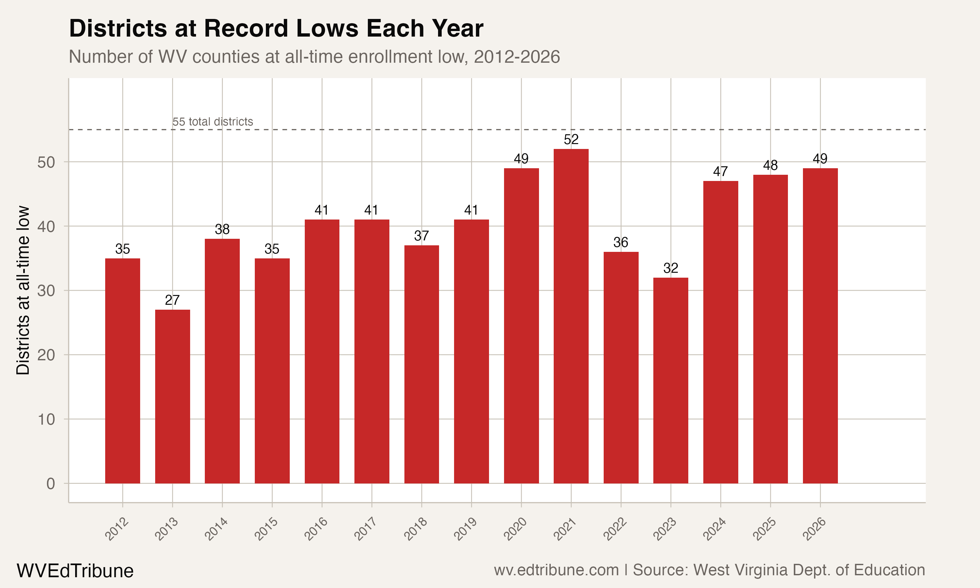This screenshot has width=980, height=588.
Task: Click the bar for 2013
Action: (x=172, y=396)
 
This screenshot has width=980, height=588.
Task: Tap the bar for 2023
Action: (x=671, y=380)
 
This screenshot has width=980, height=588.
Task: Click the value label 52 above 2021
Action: (x=571, y=139)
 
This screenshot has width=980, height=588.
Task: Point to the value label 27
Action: (x=172, y=300)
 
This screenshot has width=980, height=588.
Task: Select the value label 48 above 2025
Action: (x=770, y=165)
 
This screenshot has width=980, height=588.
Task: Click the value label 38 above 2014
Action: (x=222, y=229)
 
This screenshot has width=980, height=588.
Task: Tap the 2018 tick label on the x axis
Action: (x=416, y=529)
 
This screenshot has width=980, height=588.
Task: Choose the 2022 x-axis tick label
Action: (x=615, y=529)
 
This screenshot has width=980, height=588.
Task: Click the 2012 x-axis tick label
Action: (x=117, y=529)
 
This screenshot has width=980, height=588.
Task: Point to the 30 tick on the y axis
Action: (x=46, y=291)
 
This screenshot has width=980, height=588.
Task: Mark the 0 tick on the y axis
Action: (x=51, y=484)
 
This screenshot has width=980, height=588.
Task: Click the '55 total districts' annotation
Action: (x=213, y=122)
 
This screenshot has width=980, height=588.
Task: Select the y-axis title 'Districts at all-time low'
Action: (x=23, y=290)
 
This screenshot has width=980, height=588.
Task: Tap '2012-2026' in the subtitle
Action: (x=516, y=57)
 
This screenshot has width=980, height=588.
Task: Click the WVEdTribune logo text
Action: (x=75, y=571)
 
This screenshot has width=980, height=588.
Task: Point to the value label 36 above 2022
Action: (x=621, y=242)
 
